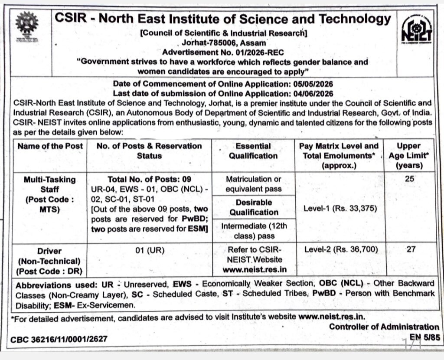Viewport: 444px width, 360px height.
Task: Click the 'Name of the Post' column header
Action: [x=50, y=146]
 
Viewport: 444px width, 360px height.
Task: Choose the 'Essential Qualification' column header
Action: [x=253, y=151]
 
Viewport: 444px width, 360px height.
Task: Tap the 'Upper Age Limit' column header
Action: [x=408, y=155]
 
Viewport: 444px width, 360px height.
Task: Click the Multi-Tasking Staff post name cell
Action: [x=50, y=194]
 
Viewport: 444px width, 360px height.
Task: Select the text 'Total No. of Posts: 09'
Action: [x=149, y=179]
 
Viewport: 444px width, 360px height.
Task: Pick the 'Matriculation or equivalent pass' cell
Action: [x=253, y=184]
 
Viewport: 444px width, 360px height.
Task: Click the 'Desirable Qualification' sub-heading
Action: [x=254, y=207]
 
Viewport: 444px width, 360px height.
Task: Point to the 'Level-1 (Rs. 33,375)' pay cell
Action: [x=340, y=208]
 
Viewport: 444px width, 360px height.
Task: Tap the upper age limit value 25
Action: [x=408, y=179]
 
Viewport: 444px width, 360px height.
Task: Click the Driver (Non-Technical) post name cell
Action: [x=50, y=261]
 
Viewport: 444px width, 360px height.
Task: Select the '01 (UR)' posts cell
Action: [x=149, y=250]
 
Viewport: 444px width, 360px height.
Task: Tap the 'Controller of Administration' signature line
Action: [x=384, y=327]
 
